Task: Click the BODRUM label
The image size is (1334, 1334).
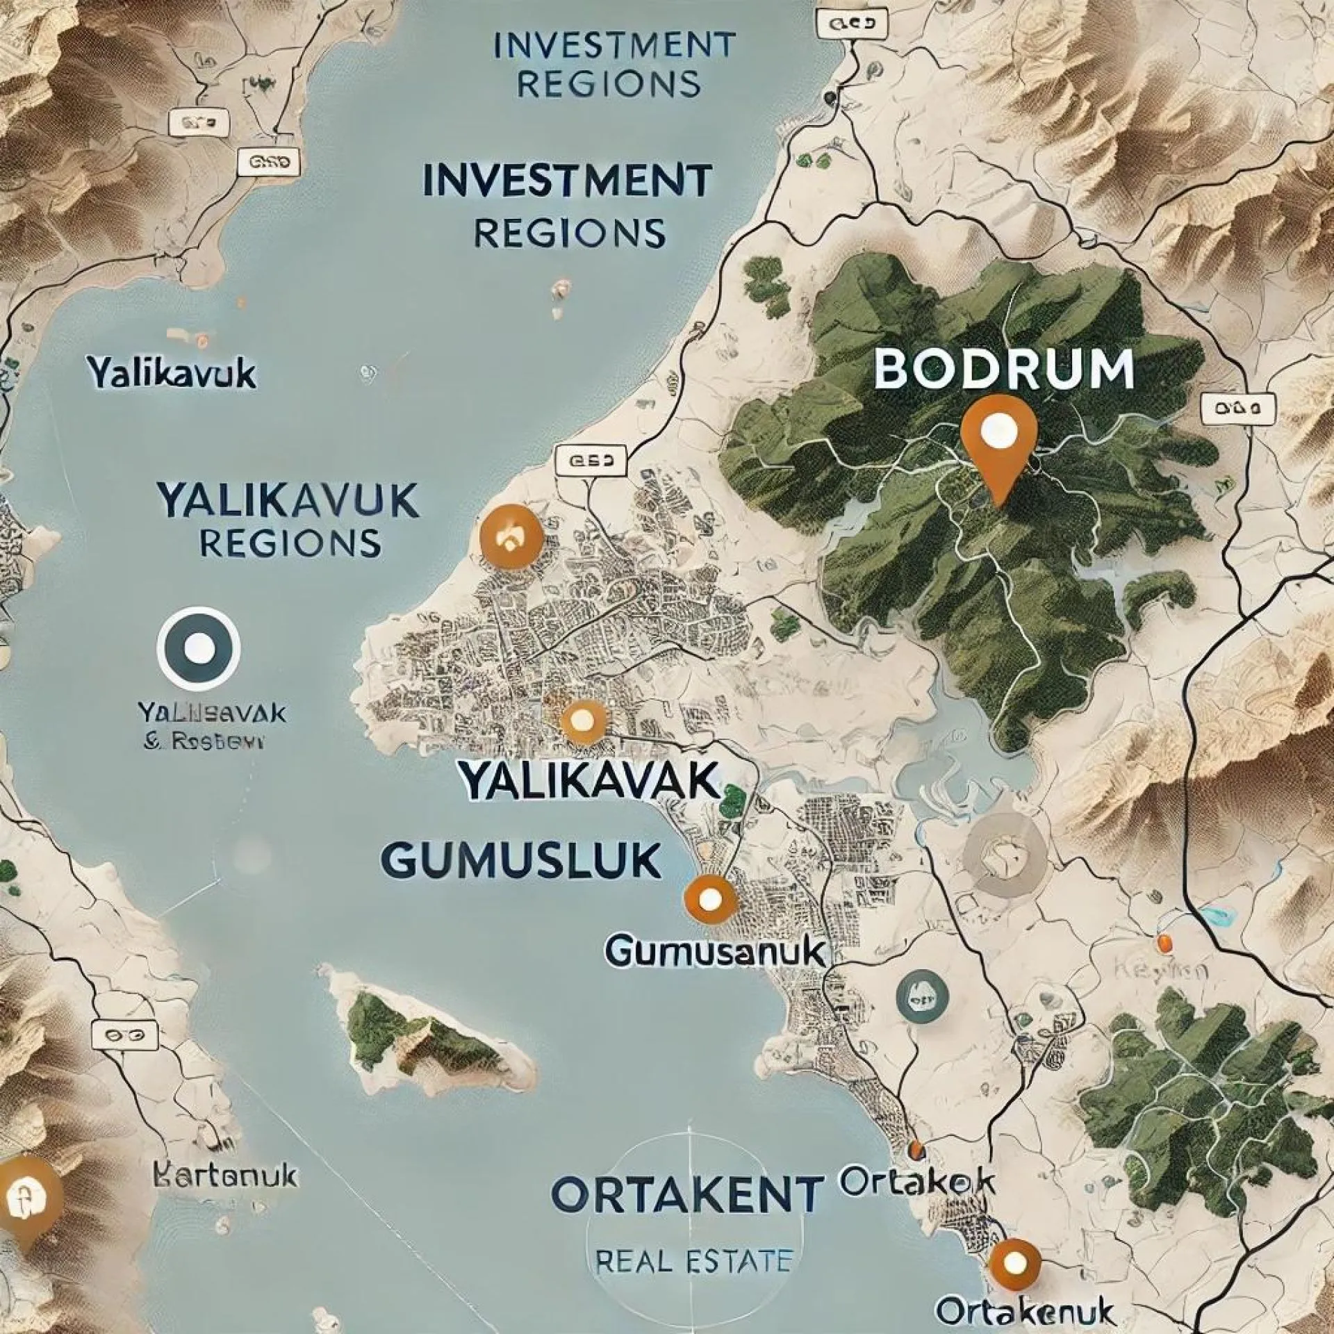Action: tap(1003, 368)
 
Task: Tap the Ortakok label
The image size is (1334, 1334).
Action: tap(916, 1180)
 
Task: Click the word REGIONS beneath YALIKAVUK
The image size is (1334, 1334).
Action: tap(290, 543)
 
